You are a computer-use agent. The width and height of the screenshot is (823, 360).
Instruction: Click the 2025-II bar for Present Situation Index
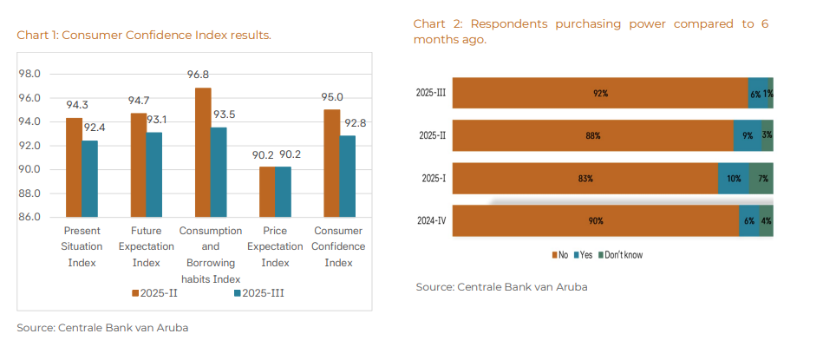click(x=74, y=167)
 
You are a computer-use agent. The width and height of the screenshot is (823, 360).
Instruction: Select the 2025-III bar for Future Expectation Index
click(x=153, y=174)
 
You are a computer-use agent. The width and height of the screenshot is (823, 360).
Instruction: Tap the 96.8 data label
click(x=199, y=75)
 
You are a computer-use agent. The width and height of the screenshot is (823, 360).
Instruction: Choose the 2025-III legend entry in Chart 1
click(x=259, y=293)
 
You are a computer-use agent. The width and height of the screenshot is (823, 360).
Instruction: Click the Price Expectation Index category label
click(x=275, y=246)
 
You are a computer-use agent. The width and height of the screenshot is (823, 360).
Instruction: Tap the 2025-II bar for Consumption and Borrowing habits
click(x=203, y=153)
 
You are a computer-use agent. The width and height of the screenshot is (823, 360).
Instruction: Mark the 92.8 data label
click(x=355, y=123)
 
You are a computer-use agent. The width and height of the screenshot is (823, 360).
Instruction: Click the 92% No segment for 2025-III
click(x=600, y=93)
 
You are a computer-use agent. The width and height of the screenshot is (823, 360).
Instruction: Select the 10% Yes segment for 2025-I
click(x=734, y=178)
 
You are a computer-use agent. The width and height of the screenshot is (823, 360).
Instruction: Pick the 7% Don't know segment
click(x=761, y=178)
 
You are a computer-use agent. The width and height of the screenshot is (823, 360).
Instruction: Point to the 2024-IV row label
click(x=431, y=220)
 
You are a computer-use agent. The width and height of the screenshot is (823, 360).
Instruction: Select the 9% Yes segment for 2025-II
click(x=747, y=135)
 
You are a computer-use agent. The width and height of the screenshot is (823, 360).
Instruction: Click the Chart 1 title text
click(x=144, y=36)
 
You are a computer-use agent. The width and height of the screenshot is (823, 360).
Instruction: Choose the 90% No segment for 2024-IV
click(x=595, y=220)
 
